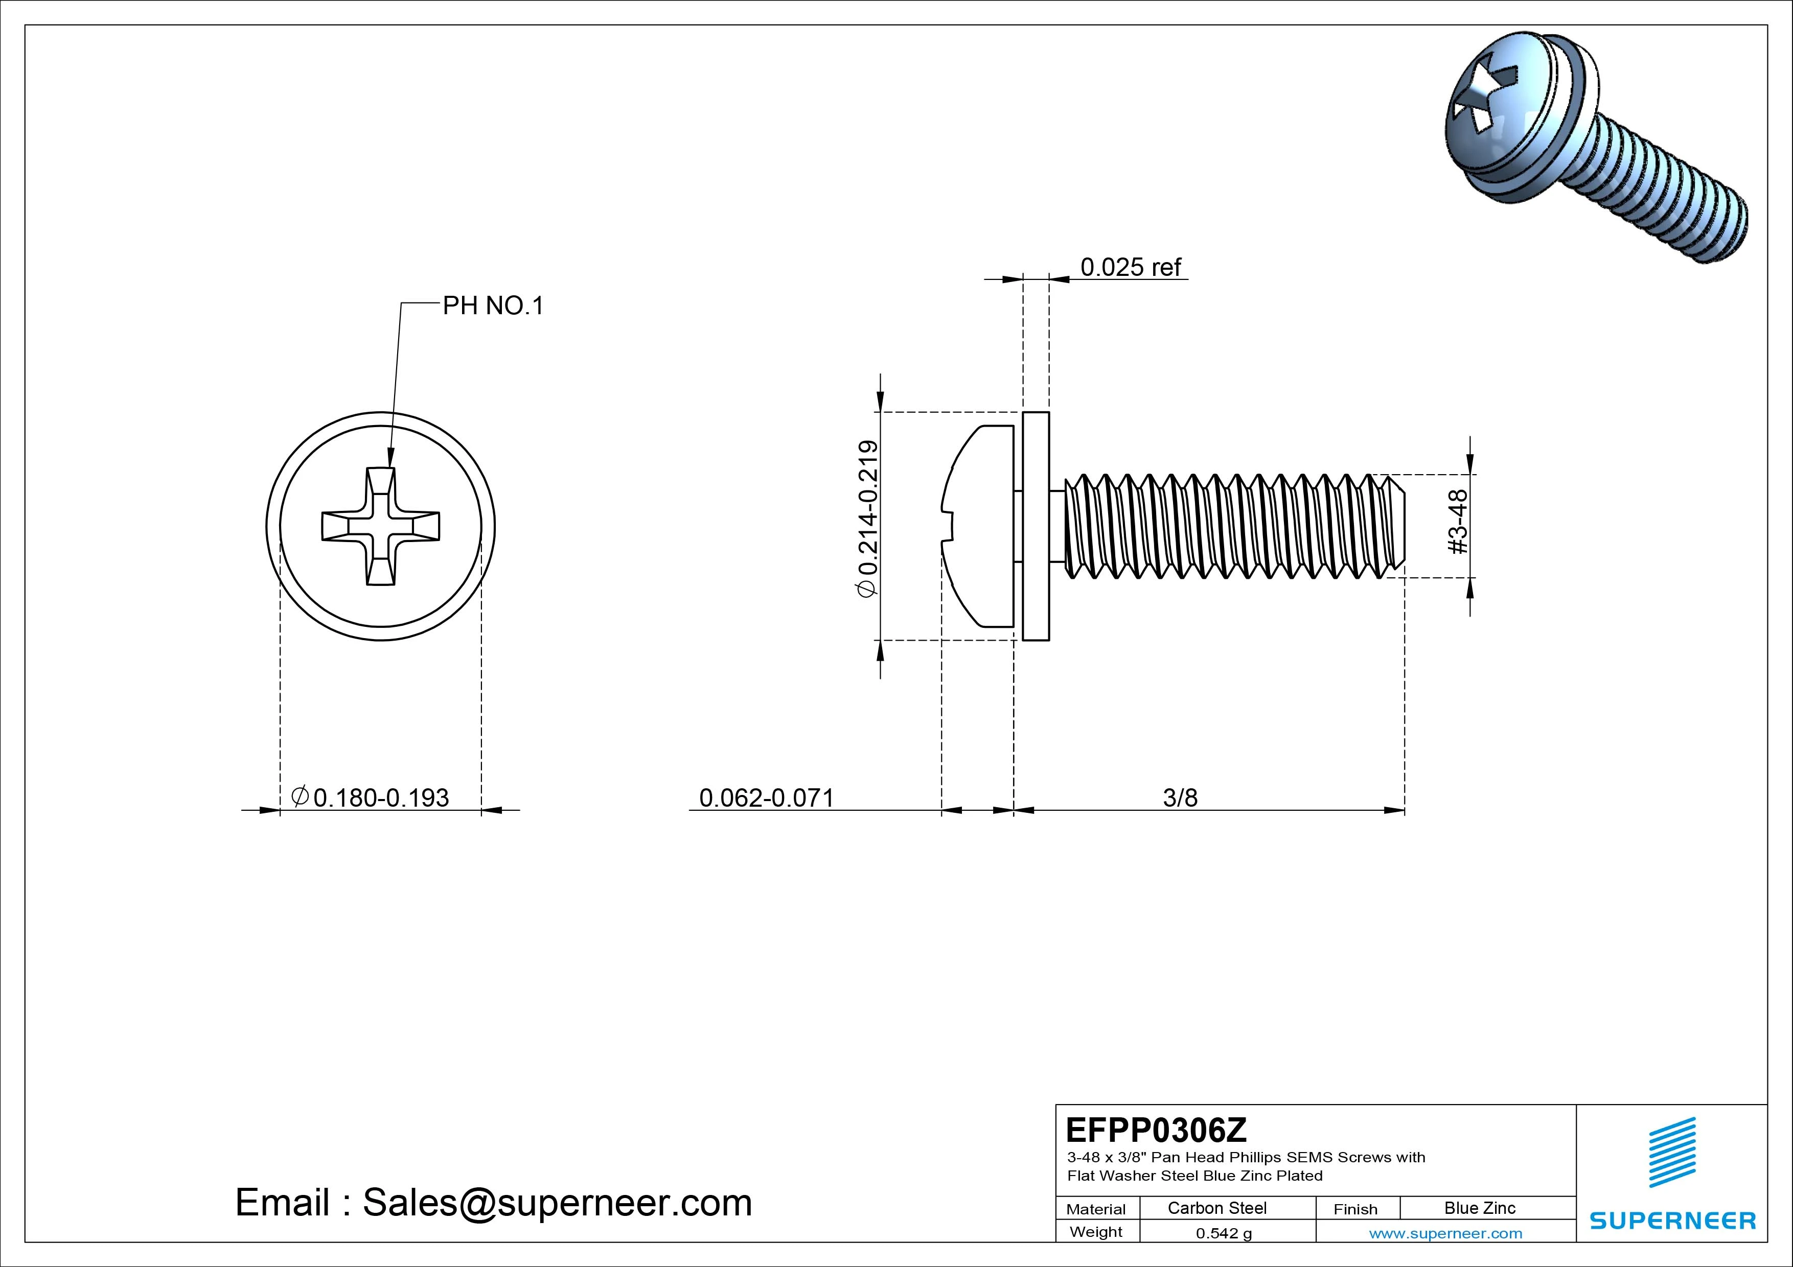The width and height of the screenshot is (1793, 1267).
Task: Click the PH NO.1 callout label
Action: [492, 306]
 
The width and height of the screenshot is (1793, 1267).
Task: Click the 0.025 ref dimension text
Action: [1130, 268]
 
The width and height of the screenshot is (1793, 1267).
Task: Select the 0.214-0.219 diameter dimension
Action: [867, 519]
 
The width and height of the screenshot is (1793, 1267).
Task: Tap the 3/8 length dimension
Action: [1179, 798]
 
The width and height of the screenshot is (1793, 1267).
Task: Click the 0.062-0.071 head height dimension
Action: [766, 798]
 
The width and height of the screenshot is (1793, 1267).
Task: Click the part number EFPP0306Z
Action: [1156, 1130]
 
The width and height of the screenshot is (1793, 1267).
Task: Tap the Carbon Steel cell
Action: [1216, 1208]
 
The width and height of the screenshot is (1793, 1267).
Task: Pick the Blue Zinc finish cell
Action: [1479, 1208]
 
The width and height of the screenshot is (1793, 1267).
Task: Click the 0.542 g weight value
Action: [1223, 1233]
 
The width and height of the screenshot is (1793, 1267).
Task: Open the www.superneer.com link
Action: [1445, 1233]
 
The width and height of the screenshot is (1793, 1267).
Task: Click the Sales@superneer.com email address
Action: [557, 1203]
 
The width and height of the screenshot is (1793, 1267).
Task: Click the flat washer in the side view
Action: [1036, 526]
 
